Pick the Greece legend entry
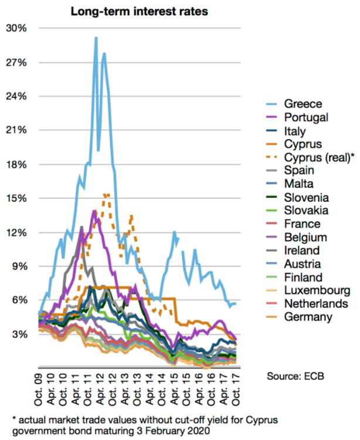(x=303, y=104)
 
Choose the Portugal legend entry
(x=307, y=117)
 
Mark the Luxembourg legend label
(x=317, y=291)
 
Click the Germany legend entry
(x=308, y=317)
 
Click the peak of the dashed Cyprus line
(x=106, y=194)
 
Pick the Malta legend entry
(x=299, y=184)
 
